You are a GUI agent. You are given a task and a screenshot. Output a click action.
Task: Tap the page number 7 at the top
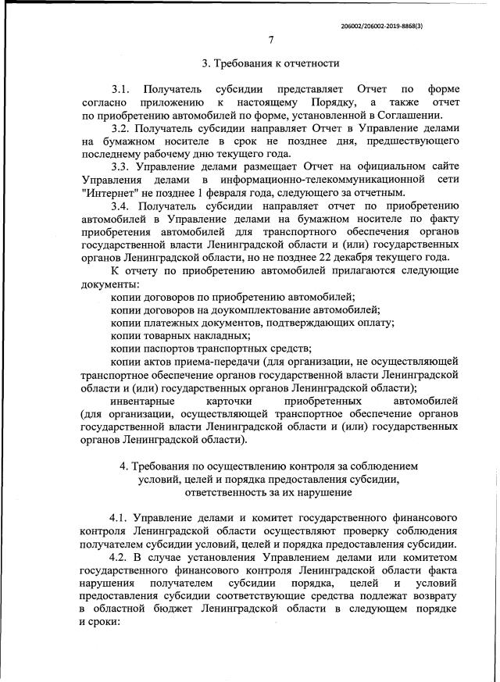pos(270,41)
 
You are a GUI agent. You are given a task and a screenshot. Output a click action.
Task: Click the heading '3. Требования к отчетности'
pos(270,63)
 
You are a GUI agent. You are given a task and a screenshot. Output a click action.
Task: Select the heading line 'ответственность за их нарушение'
pos(270,492)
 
